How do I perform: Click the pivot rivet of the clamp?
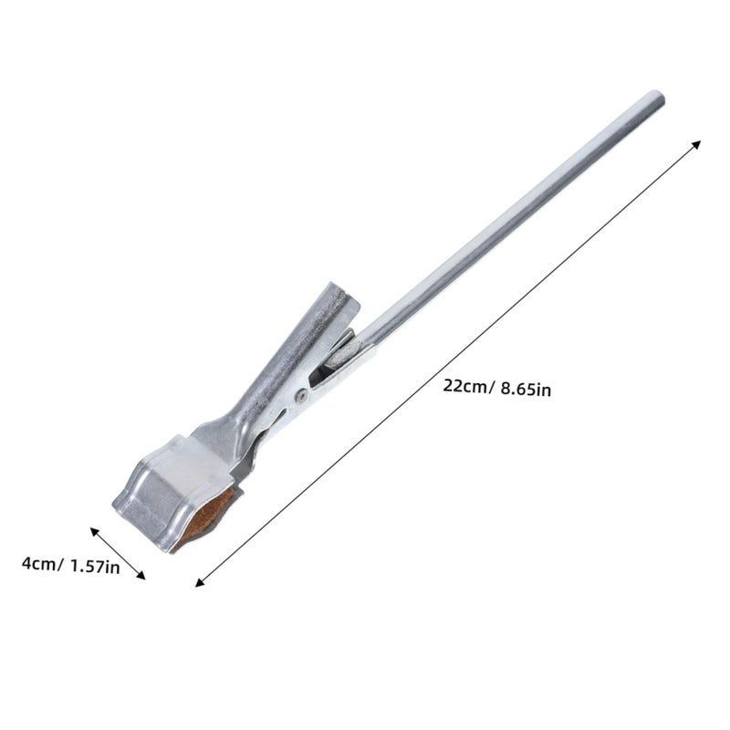[x=301, y=396]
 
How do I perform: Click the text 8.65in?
[x=526, y=390]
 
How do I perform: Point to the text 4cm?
[x=39, y=564]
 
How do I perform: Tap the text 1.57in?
[x=95, y=567]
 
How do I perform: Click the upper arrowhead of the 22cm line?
[x=696, y=144]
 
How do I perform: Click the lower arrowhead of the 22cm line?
[x=200, y=582]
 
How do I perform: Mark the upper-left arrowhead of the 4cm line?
[x=95, y=532]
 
